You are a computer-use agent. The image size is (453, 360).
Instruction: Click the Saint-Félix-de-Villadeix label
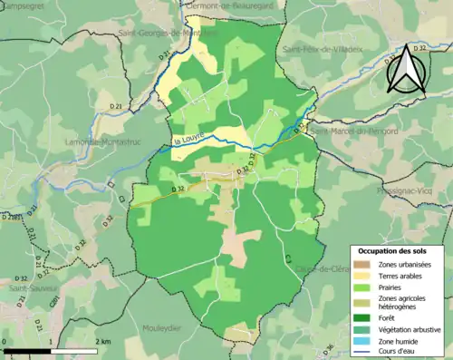(322, 50)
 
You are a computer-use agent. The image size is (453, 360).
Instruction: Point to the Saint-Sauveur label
(32, 288)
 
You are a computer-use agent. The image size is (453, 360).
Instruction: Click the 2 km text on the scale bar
(103, 341)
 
